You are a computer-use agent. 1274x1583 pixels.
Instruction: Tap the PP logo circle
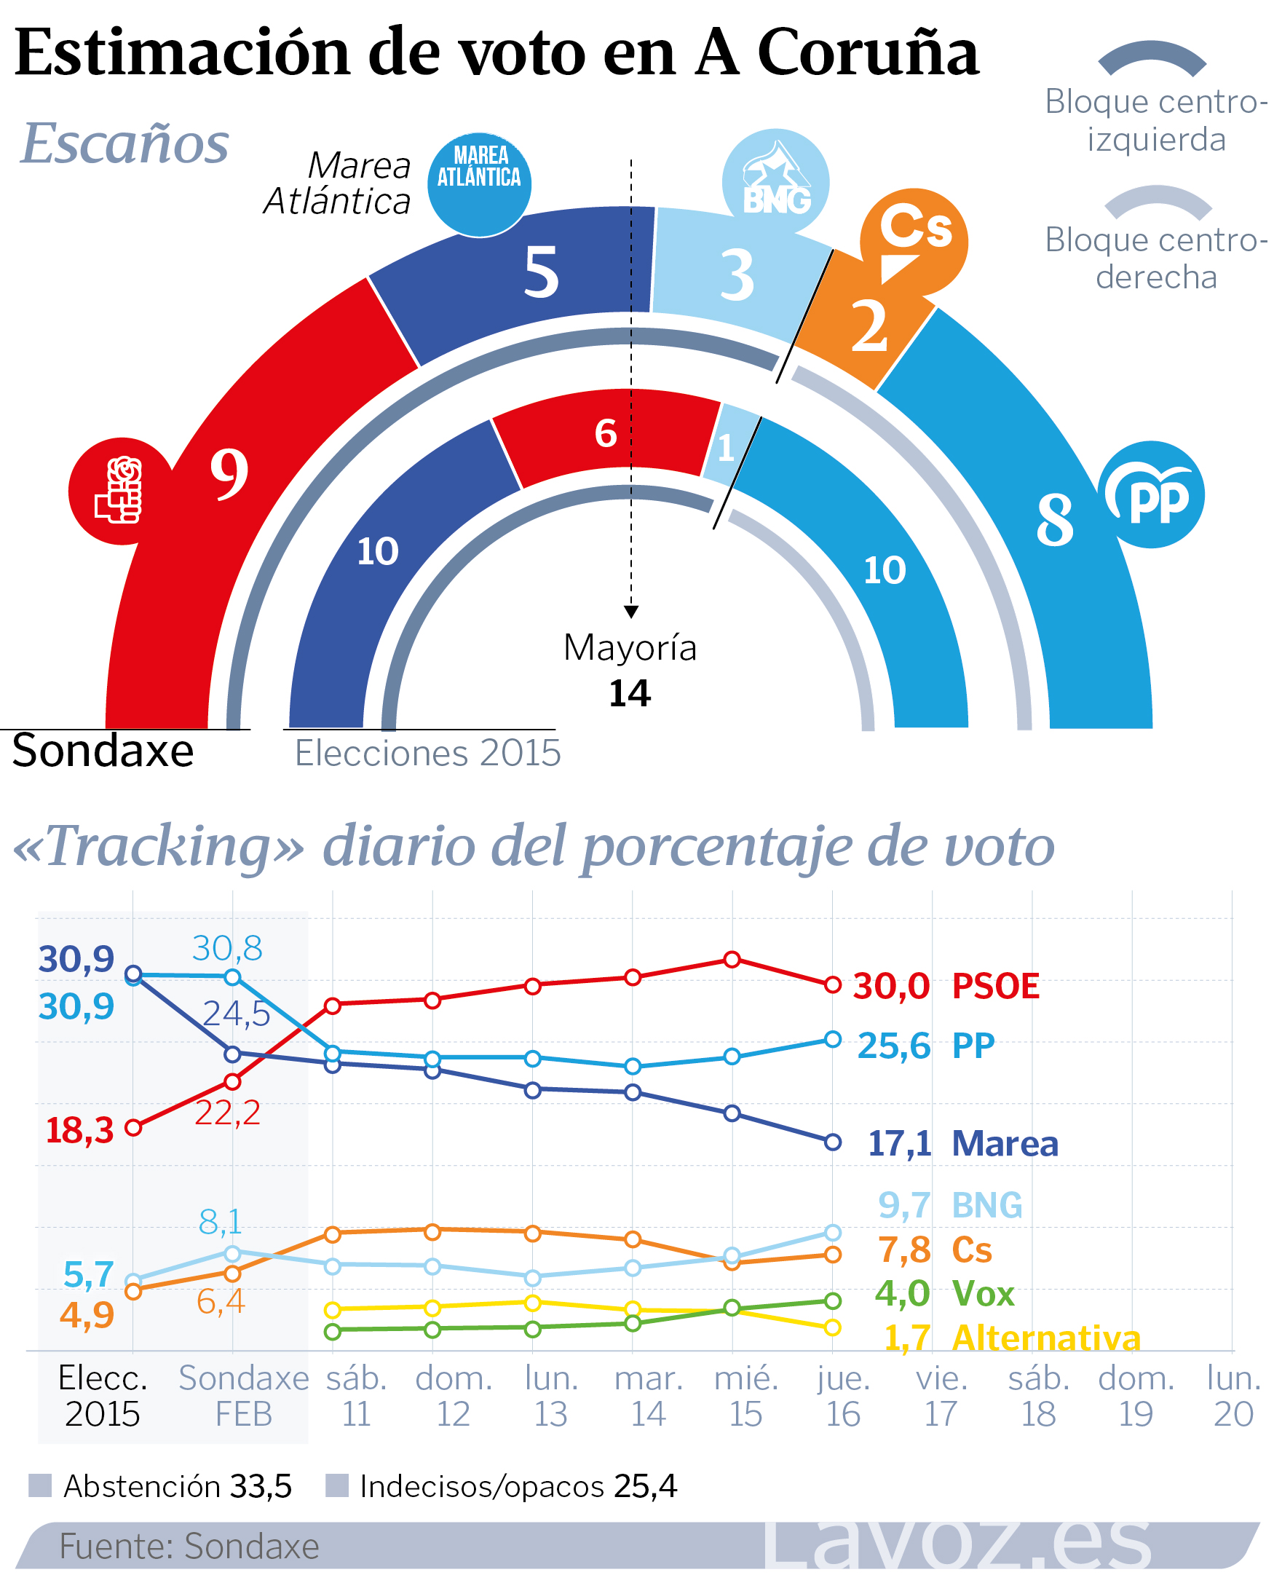coord(1152,495)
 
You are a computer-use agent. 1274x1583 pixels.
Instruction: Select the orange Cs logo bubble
coord(914,242)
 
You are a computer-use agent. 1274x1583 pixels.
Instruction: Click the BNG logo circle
coord(776,183)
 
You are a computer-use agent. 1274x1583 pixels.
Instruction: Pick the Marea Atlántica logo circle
coord(479,184)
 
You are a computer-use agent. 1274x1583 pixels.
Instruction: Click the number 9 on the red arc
coord(229,473)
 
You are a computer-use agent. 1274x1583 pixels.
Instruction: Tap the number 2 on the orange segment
coord(870,325)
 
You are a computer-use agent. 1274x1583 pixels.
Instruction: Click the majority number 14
coord(630,693)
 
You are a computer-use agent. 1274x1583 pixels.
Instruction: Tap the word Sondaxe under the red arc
coord(103,751)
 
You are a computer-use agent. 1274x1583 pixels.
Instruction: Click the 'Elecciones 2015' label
coord(428,754)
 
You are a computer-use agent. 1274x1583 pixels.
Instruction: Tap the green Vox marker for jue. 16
coord(832,1300)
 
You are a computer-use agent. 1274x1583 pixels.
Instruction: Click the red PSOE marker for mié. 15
coord(732,959)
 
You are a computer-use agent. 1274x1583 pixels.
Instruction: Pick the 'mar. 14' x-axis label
coord(649,1396)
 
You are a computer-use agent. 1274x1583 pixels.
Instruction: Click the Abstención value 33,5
coord(261,1486)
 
